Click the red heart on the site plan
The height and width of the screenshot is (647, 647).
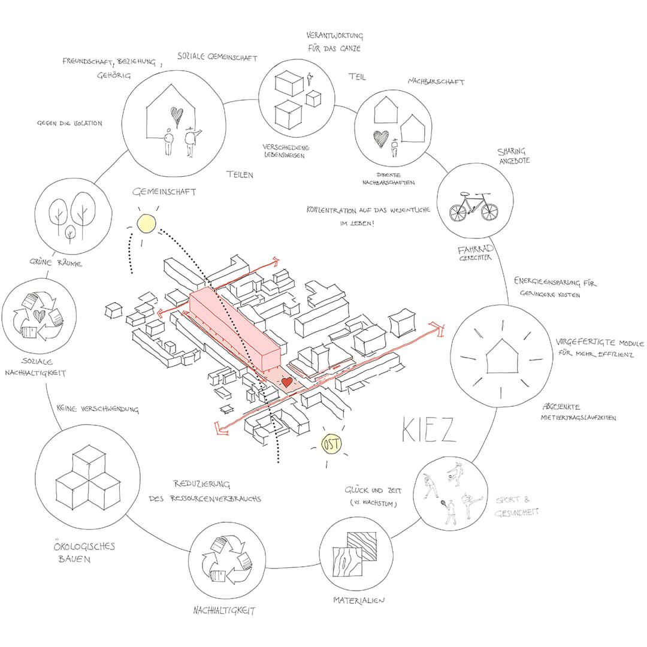pos(286,381)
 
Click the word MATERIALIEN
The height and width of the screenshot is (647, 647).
pos(359,600)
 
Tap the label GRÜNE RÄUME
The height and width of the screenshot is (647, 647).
pos(57,262)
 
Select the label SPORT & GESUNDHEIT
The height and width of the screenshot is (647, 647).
pos(517,506)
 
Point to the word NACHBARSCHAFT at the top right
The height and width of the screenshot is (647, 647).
pos(436,82)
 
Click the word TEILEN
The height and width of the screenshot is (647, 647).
pos(240,175)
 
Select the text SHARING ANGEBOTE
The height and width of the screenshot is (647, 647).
pos(513,156)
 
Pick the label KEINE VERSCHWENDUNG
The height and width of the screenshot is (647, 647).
pos(98,410)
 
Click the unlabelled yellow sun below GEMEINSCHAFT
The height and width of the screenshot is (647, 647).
pos(146,223)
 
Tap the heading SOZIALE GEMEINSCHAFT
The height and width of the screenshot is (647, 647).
pos(217,58)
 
